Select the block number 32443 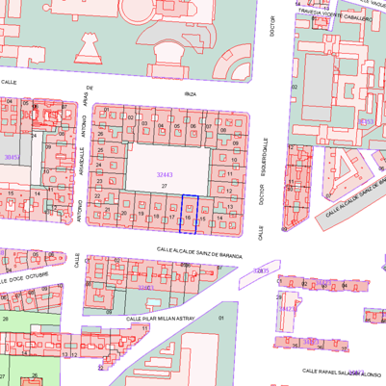tap(166, 174)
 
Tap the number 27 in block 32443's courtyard tap(165, 185)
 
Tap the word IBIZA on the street tap(190, 94)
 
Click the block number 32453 tap(365, 122)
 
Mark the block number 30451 tap(11, 155)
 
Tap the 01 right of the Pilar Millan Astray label tap(220, 317)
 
